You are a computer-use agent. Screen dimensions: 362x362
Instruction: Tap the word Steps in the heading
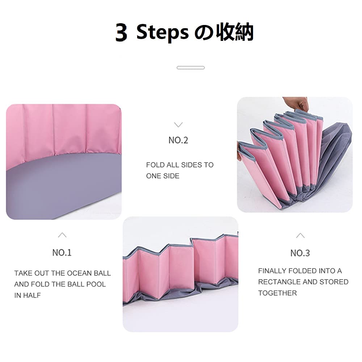[x=163, y=33]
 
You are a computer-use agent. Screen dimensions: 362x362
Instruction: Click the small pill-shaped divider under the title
[x=191, y=68]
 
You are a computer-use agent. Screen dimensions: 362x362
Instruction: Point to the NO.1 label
[x=62, y=253]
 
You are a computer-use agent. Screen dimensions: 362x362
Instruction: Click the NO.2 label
[x=178, y=140]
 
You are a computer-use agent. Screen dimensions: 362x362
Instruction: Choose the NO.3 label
[x=300, y=253]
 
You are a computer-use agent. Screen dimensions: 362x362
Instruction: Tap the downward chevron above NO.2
[x=178, y=125]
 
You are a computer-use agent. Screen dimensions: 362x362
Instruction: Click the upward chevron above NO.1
[x=62, y=235]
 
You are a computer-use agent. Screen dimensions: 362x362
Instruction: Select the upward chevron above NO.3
[x=300, y=236]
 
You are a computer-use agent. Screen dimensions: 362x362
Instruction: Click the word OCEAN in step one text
[x=79, y=273]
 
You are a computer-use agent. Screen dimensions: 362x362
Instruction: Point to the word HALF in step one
[x=32, y=295]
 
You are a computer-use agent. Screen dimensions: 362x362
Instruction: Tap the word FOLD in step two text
[x=155, y=165]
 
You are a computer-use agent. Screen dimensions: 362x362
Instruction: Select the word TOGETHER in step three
[x=277, y=293]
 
